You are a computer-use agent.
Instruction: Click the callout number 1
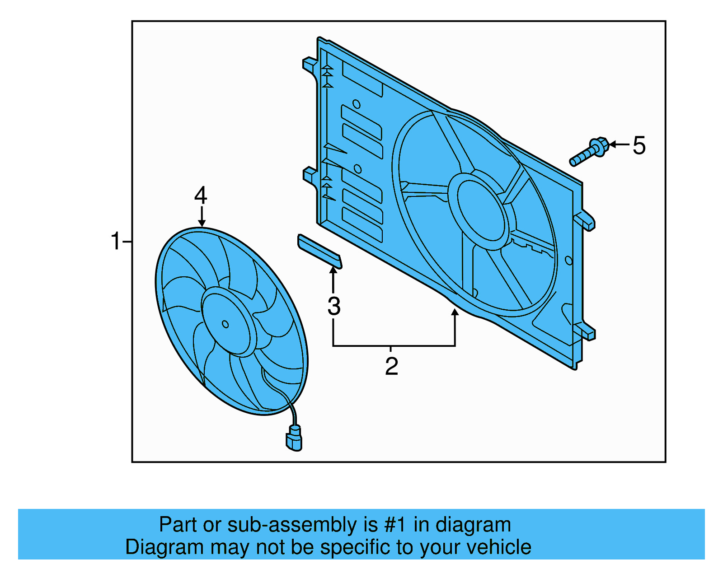pos(116,241)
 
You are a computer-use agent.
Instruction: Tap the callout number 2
pos(391,366)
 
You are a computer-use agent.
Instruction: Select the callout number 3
pos(334,307)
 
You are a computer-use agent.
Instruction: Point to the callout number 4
pos(201,196)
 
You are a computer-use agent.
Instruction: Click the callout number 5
pos(639,146)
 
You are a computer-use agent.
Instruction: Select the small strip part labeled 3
pos(319,251)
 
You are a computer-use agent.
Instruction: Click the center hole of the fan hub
pos(225,324)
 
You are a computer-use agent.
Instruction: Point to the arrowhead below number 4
pos(202,223)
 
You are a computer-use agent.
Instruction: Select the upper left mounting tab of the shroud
pos(310,64)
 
